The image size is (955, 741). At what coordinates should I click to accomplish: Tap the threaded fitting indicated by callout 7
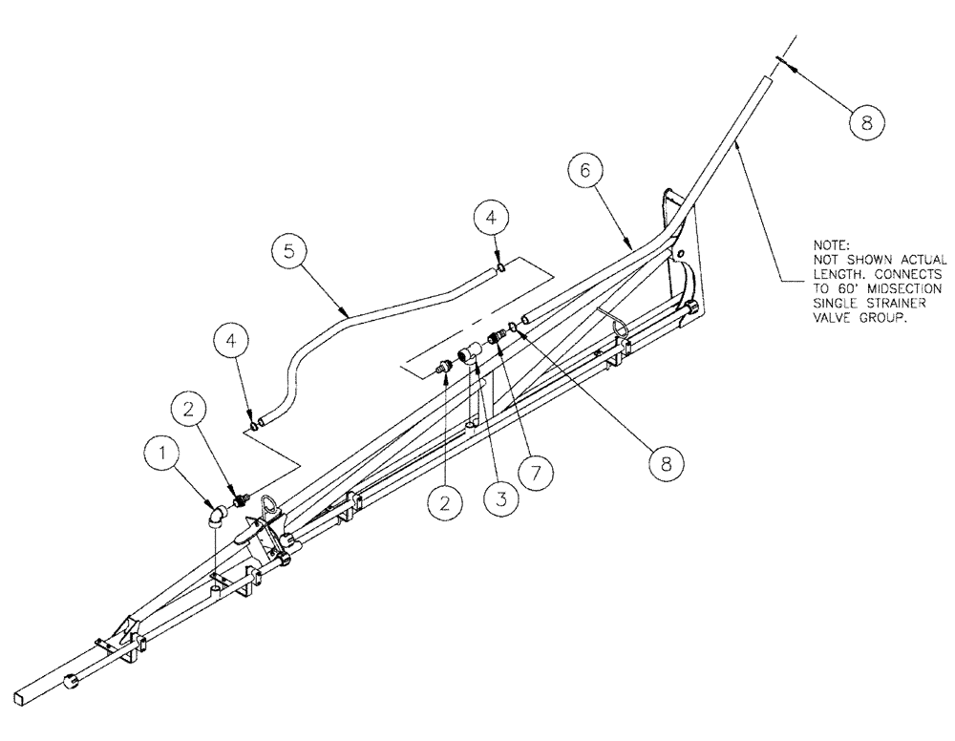[x=496, y=337]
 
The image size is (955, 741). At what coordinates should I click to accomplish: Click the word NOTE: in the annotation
[x=830, y=245]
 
